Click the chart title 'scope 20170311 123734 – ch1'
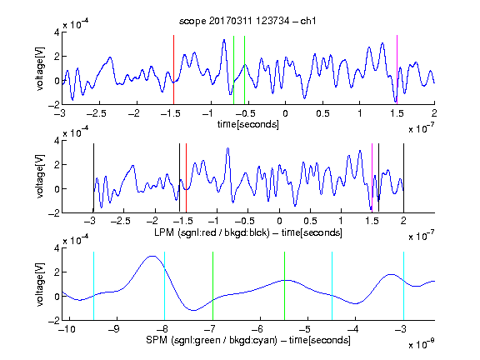247,21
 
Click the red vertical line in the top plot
173,70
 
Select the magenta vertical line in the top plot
397,70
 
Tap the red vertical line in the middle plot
186,177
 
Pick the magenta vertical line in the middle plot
372,177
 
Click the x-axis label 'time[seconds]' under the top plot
248,124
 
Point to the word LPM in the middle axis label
164,232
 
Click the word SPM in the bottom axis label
157,340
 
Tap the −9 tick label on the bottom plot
114,329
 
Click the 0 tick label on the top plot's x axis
285,113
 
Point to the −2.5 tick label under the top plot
96,113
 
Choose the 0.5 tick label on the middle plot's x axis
310,221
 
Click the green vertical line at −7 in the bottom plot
212,286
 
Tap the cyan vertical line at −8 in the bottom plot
165,286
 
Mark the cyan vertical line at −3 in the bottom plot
403,286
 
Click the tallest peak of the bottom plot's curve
152,256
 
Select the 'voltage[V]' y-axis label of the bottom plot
40,284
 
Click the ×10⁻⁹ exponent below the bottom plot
422,345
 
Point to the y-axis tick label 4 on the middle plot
57,141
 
